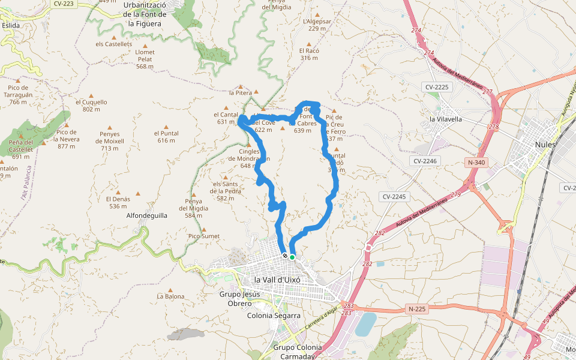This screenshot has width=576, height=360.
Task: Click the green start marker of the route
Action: coord(292,257)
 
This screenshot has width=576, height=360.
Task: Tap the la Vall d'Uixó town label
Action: coord(277,280)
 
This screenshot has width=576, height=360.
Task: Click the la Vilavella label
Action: coord(446,119)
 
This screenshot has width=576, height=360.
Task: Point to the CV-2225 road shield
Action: coord(437,87)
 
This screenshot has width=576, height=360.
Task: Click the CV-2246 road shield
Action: coord(427,161)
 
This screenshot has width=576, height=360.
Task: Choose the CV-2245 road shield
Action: coord(394,197)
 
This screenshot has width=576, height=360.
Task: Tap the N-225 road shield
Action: coord(416,309)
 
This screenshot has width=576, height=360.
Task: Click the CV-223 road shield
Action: coord(64,3)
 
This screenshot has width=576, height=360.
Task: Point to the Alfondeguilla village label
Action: coord(147,215)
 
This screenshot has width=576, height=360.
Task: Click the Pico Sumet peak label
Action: coord(203,236)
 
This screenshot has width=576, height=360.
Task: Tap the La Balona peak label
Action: coord(170,296)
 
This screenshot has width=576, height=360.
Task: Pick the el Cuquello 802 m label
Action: coord(91,106)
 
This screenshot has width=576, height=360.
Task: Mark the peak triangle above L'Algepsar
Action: coord(317,14)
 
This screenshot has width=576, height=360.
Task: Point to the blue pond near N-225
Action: coord(365,324)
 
